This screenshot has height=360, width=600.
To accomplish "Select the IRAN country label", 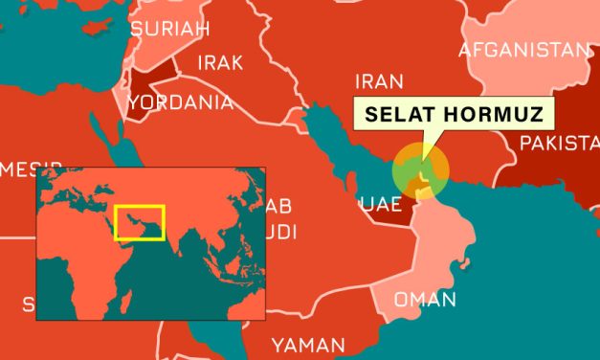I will pyautogui.click(x=378, y=82).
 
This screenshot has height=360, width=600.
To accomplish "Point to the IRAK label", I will pyautogui.click(x=220, y=64).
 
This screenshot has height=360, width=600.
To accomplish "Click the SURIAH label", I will pyautogui.click(x=169, y=30).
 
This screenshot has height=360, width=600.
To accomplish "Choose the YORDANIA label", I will pyautogui.click(x=181, y=101).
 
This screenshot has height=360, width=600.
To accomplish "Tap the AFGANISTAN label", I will pyautogui.click(x=525, y=49).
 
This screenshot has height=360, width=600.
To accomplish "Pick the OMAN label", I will pyautogui.click(x=426, y=300).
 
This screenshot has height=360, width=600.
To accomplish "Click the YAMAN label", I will pyautogui.click(x=308, y=344).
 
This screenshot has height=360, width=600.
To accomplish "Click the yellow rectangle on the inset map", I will pyautogui.click(x=140, y=222).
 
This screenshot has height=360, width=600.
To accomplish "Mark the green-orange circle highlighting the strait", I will pyautogui.click(x=419, y=169).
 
